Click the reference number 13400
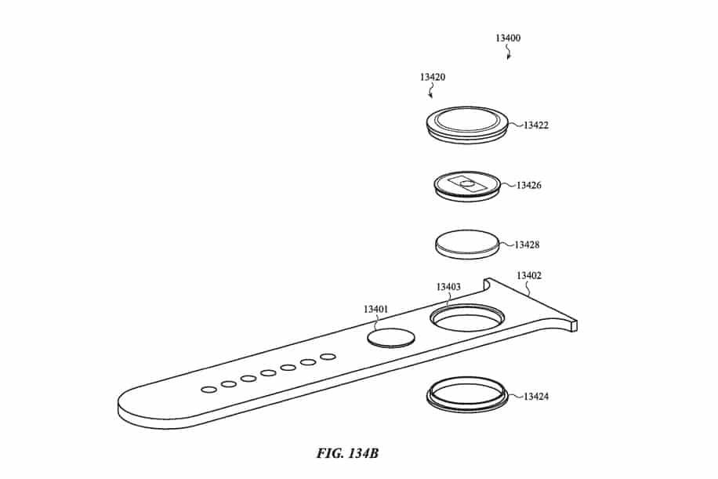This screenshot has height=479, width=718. (x=508, y=38)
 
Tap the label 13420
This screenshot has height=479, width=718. (x=432, y=78)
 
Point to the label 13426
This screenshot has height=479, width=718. (x=531, y=186)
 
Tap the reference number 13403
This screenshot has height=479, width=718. (x=448, y=287)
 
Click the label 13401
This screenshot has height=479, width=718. (x=375, y=310)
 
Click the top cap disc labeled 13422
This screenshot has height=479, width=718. (x=469, y=124)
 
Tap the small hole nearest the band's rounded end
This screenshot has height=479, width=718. (x=209, y=390)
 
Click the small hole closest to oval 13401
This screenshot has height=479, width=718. (x=328, y=357)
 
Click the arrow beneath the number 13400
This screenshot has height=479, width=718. (x=509, y=53)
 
